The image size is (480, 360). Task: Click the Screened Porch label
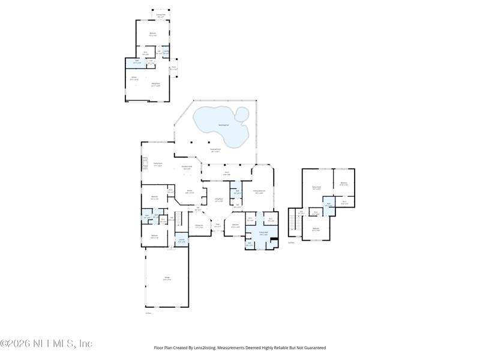coord(215,151)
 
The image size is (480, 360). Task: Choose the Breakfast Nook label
coord(187,168)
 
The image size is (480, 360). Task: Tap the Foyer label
coord(218,226)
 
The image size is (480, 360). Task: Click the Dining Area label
coord(199,226)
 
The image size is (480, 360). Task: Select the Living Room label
coord(219,200)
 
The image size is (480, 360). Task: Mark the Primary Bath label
coord(263,233)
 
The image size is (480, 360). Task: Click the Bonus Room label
coord(316,188)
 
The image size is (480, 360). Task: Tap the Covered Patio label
coord(160,16)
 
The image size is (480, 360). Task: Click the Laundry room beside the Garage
coord(181,242)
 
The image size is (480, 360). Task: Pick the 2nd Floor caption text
coord(292,243)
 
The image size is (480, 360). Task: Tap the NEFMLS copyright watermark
coord(46,344)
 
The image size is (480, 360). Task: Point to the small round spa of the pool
coord(242,113)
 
